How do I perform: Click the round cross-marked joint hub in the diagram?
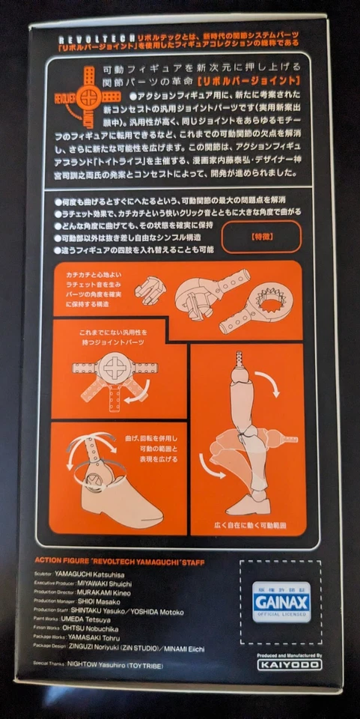point(115,371)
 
